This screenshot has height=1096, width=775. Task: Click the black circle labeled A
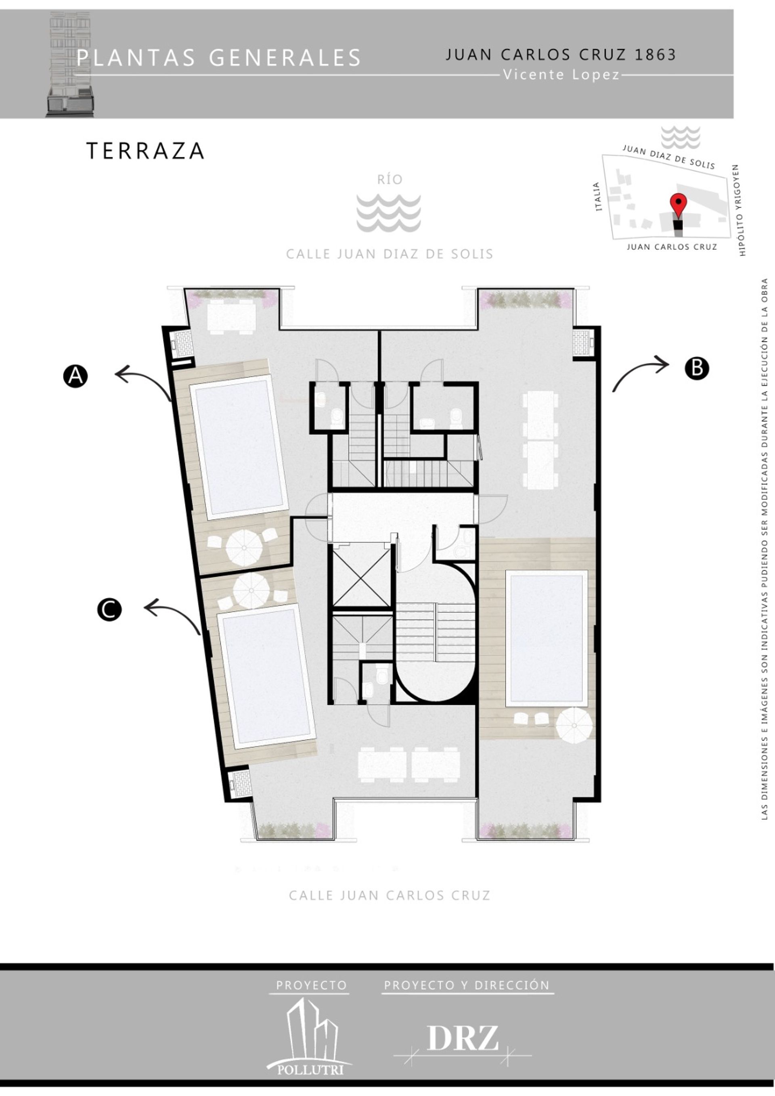point(75,376)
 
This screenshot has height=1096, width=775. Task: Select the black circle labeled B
point(697,368)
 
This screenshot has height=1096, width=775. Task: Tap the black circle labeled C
point(109,610)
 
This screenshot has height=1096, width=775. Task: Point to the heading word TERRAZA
point(146,151)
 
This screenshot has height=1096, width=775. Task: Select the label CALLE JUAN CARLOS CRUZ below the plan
point(390,895)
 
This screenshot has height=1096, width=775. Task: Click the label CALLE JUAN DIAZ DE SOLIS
point(390,254)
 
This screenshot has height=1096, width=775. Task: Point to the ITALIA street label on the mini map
point(597,196)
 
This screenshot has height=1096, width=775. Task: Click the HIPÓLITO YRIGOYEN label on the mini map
point(739,210)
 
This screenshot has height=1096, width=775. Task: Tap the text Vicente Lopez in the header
point(561,75)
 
